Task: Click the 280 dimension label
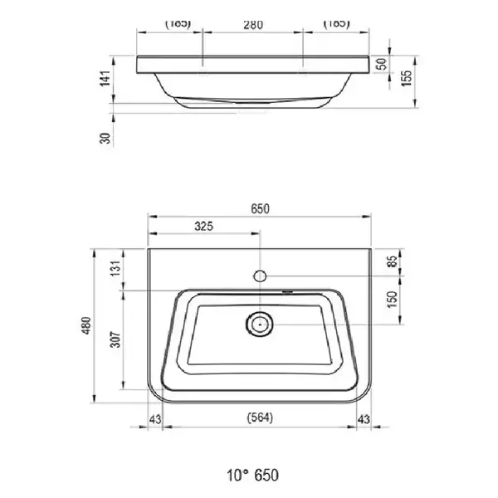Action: pyautogui.click(x=253, y=25)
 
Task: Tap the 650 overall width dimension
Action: pyautogui.click(x=260, y=209)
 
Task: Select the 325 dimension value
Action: pyautogui.click(x=204, y=227)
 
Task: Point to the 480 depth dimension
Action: pyautogui.click(x=86, y=325)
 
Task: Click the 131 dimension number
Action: pyautogui.click(x=115, y=268)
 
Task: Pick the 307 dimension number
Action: pyautogui.click(x=115, y=339)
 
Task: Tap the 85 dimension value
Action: pyautogui.click(x=393, y=261)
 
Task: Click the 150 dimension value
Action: pyautogui.click(x=393, y=300)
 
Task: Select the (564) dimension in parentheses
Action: pyautogui.click(x=260, y=417)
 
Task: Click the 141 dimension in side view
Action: pyautogui.click(x=105, y=78)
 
